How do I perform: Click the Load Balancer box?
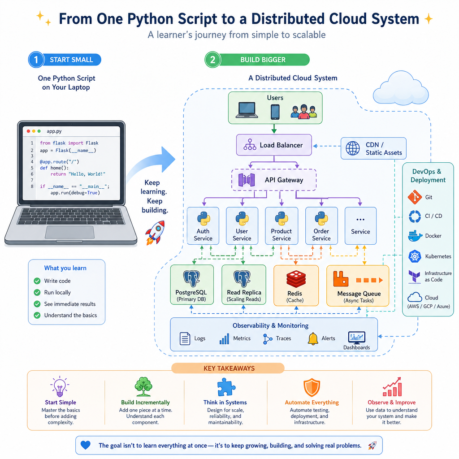click(274, 145)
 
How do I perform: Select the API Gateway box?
click(274, 180)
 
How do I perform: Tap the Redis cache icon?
click(296, 279)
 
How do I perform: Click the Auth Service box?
click(203, 226)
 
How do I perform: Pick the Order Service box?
click(321, 226)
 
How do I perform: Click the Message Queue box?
click(358, 286)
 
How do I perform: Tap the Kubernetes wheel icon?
click(415, 256)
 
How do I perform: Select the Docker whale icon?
click(415, 236)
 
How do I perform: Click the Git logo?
click(415, 197)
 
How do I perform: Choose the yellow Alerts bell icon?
click(313, 339)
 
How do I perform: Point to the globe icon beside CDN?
click(353, 148)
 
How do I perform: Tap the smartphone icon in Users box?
click(275, 112)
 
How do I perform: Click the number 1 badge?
click(36, 60)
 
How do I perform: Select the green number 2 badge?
click(213, 60)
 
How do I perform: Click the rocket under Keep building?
click(155, 233)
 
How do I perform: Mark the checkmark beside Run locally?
click(37, 292)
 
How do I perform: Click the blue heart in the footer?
click(86, 445)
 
